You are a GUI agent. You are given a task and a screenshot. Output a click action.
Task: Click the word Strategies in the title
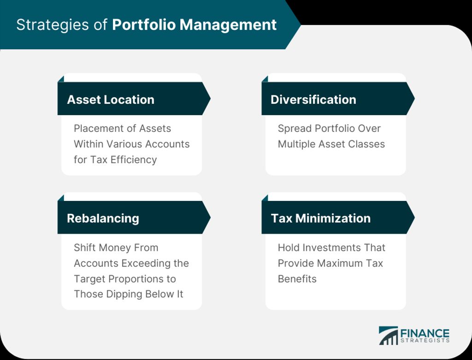tap(53, 25)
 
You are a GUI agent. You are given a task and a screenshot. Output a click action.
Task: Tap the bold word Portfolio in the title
tap(144, 25)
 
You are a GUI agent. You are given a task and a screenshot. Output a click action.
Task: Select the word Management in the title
tap(228, 25)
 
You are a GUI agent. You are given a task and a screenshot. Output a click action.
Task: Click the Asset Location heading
tap(111, 100)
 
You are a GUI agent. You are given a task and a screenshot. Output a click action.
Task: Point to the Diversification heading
tap(313, 100)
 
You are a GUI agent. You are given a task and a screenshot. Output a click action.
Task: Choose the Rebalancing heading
tap(103, 218)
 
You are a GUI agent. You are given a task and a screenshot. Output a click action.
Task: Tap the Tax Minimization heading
tap(321, 218)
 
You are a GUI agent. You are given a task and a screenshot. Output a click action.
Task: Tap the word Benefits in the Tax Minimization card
tap(297, 279)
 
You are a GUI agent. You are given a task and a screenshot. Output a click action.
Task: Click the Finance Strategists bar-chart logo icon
tap(388, 335)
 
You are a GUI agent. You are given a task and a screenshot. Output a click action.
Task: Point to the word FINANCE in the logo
tap(425, 333)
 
